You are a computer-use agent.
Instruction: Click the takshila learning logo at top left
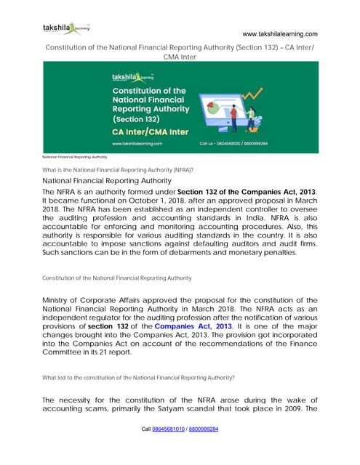click(66, 29)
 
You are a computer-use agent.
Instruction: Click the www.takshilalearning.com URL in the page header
click(279, 34)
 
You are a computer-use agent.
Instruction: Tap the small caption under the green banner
click(74, 156)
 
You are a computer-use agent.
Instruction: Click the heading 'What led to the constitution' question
click(138, 378)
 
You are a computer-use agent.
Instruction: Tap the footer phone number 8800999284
click(204, 429)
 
